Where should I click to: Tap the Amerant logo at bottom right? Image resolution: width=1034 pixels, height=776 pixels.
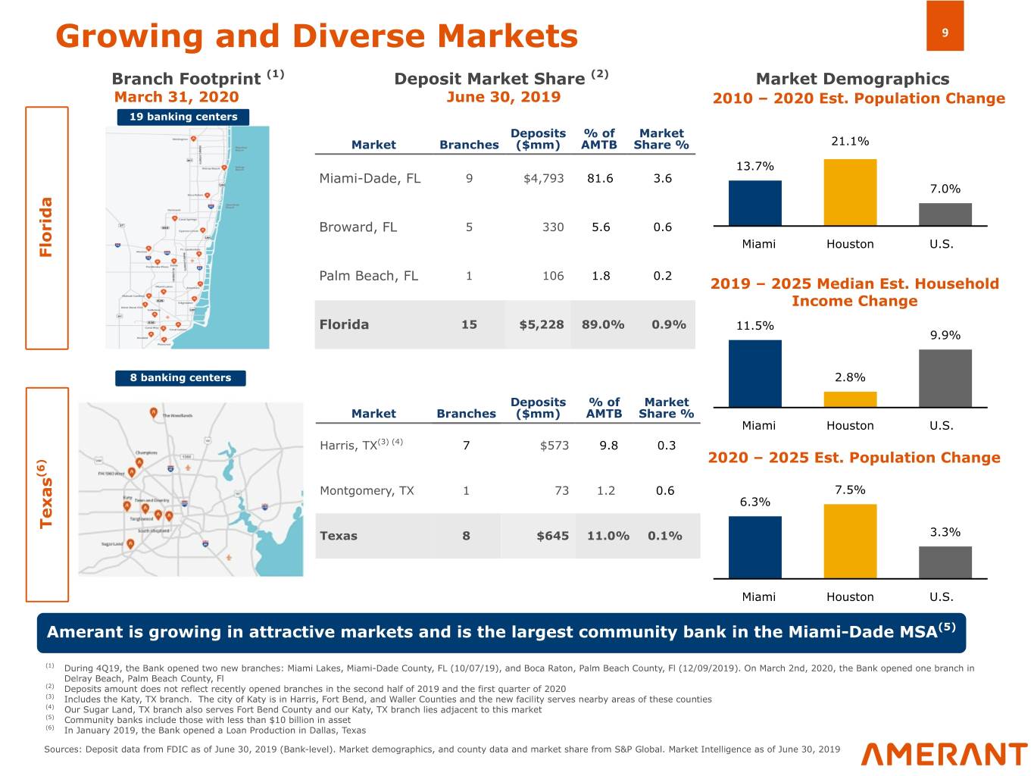[944, 754]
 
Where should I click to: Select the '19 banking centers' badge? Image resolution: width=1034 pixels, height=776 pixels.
[183, 117]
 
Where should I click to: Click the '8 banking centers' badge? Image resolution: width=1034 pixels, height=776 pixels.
[180, 377]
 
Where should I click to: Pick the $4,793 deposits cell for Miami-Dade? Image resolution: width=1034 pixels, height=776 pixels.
[543, 178]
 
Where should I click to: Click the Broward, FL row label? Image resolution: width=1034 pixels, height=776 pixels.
[358, 227]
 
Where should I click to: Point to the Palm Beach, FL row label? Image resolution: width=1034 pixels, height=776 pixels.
[368, 276]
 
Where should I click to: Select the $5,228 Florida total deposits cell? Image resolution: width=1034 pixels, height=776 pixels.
[541, 324]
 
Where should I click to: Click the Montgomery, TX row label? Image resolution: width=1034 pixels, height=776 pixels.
[367, 490]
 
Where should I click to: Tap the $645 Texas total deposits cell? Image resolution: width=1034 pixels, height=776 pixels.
[552, 536]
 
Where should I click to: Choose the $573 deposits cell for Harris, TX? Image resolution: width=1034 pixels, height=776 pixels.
[554, 446]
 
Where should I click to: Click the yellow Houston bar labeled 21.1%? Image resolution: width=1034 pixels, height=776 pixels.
[850, 192]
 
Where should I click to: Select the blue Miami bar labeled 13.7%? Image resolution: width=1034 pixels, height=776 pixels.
[754, 203]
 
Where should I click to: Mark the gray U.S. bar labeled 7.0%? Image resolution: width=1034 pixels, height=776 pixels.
[945, 214]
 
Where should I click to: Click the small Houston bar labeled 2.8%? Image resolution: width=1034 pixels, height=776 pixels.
[850, 399]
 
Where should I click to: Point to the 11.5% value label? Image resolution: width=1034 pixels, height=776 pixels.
[754, 326]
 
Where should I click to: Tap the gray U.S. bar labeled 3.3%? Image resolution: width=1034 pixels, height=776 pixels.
[945, 562]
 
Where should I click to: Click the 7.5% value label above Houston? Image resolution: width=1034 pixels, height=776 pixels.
[850, 490]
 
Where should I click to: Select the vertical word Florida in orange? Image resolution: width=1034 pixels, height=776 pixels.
[46, 227]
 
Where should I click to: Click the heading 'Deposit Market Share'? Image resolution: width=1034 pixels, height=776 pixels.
[489, 79]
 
